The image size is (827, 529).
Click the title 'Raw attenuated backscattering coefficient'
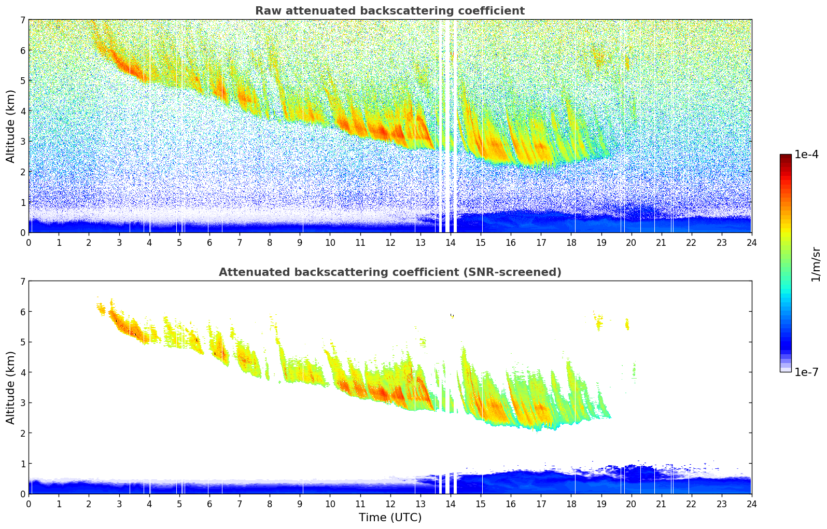pyautogui.click(x=389, y=11)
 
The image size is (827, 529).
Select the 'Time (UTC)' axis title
pyautogui.click(x=390, y=518)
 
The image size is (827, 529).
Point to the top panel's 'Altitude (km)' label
pyautogui.click(x=10, y=126)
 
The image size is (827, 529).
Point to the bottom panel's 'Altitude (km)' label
pyautogui.click(x=10, y=387)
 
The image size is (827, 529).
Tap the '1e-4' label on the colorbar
pyautogui.click(x=806, y=155)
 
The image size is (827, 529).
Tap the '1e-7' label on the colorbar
pyautogui.click(x=806, y=372)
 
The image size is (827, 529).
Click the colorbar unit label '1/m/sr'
pyautogui.click(x=816, y=263)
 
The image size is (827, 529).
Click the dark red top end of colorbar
pyautogui.click(x=786, y=157)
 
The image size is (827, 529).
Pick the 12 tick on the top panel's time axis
pyautogui.click(x=390, y=242)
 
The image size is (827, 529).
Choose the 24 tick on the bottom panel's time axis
pyautogui.click(x=751, y=504)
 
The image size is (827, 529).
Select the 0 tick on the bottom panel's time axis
pyautogui.click(x=29, y=504)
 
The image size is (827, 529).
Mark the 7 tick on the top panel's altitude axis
pyautogui.click(x=22, y=20)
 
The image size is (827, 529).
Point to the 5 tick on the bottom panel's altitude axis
pyautogui.click(x=22, y=342)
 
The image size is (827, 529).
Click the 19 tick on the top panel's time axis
pyautogui.click(x=601, y=242)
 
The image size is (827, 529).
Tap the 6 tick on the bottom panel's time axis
pyautogui.click(x=209, y=504)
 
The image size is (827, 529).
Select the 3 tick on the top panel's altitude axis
pyautogui.click(x=22, y=141)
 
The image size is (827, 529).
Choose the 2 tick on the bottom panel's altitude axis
pyautogui.click(x=22, y=433)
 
